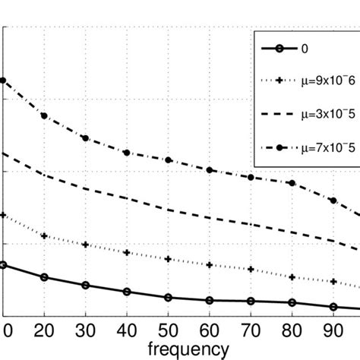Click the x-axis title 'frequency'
[188, 349]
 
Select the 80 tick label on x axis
[292, 331]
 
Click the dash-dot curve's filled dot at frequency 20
[44, 115]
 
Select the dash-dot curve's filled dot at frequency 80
[292, 183]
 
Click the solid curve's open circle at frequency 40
[127, 292]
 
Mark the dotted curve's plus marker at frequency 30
[85, 245]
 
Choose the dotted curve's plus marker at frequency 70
[251, 269]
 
